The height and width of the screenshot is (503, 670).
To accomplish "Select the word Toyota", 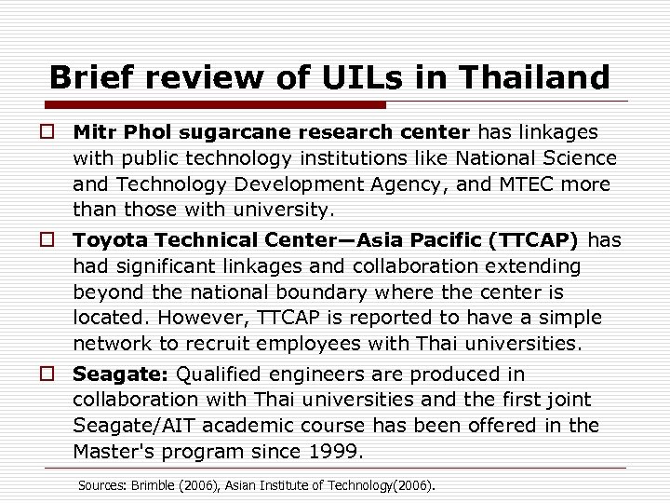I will click(x=105, y=241).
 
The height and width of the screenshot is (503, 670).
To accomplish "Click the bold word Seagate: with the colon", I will click(x=119, y=375).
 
